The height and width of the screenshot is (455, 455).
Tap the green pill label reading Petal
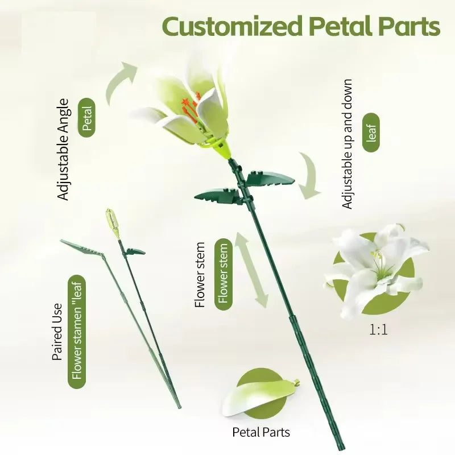87,118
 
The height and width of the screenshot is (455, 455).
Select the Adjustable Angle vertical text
63,149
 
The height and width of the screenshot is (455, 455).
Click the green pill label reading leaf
373,132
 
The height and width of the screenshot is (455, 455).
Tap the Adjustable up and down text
348,143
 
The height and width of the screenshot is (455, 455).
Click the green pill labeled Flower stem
223,274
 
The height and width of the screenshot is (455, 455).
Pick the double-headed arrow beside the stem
252,271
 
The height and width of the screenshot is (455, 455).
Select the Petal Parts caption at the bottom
261,432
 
